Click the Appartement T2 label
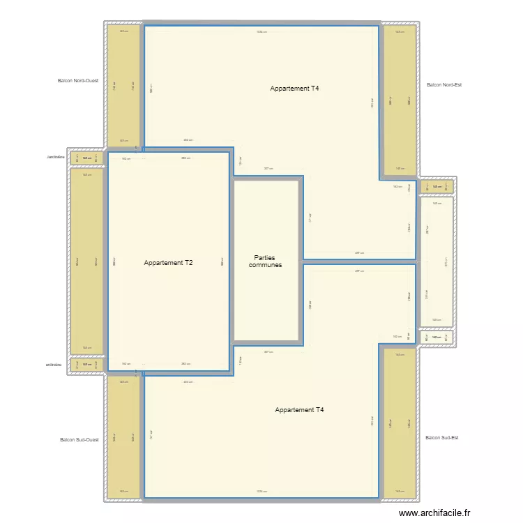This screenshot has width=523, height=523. [168, 263]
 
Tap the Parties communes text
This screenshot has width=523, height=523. [265, 261]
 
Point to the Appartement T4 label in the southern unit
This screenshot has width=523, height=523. [299, 410]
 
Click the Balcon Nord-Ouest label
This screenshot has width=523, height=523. [77, 81]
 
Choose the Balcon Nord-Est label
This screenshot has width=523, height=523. [444, 85]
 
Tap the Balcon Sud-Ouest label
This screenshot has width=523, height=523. [79, 440]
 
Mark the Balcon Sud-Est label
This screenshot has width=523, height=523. [441, 438]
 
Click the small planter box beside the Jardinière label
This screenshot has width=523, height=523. [87, 158]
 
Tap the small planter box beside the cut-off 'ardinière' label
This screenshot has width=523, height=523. [87, 365]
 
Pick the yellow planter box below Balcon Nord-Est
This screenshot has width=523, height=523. [437, 186]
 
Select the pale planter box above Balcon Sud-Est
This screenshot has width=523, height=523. [437, 338]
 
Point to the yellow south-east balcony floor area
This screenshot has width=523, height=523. [400, 423]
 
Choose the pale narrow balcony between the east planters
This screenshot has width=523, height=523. [437, 261]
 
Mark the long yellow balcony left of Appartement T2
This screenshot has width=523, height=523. [86, 261]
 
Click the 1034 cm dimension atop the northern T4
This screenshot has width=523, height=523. [261, 31]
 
